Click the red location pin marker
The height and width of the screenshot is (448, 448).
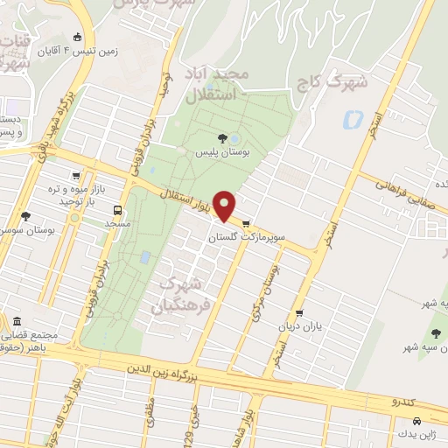tap(226, 206)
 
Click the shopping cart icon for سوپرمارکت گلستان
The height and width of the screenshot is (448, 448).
tap(247, 222)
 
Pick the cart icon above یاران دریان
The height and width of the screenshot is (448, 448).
tap(300, 313)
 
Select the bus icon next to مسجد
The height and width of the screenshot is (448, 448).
tap(116, 210)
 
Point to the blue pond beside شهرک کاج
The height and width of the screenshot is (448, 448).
tap(353, 119)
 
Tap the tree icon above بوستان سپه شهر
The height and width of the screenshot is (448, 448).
tap(435, 332)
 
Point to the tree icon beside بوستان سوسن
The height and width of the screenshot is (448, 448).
tap(24, 216)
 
